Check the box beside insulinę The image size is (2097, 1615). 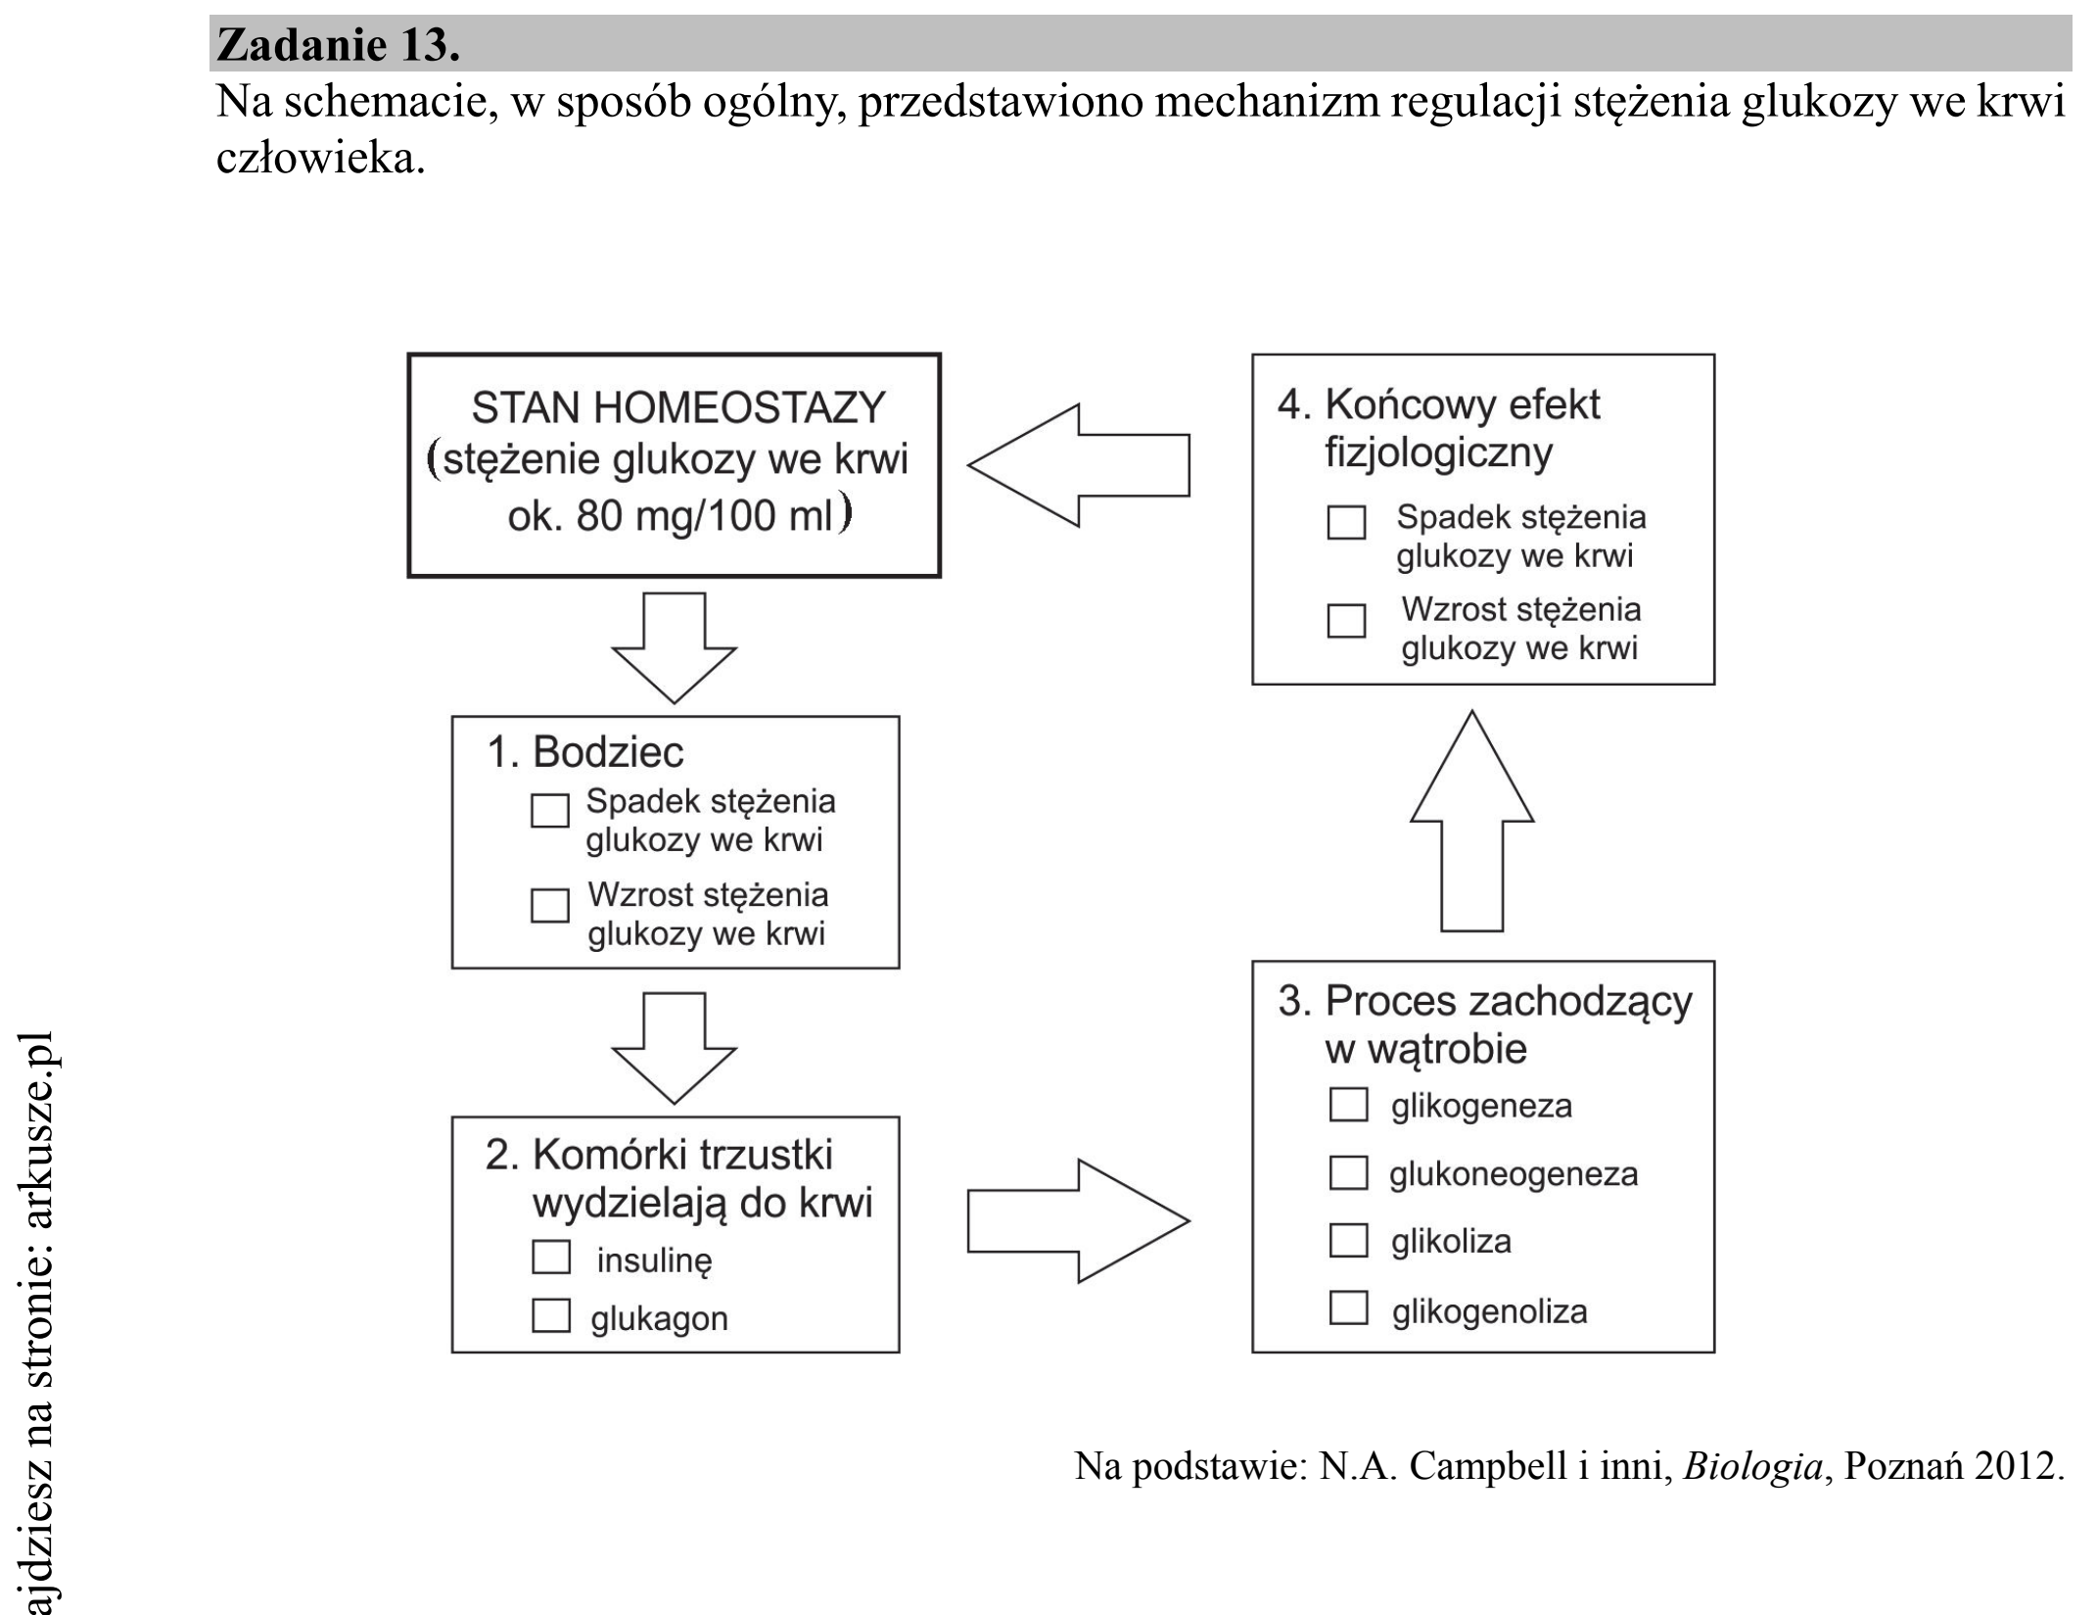click(551, 1258)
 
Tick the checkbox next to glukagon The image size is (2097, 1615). click(551, 1315)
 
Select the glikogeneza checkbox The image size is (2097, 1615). click(1348, 1104)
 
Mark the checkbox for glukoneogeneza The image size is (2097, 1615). click(1348, 1172)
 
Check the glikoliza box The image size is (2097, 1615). click(1348, 1240)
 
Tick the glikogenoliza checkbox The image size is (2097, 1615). click(1348, 1307)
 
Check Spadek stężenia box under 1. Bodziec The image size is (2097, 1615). click(549, 810)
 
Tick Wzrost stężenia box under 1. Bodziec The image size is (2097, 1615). click(549, 905)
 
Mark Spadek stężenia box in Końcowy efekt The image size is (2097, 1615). click(1346, 522)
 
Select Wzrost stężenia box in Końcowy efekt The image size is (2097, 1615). click(1346, 620)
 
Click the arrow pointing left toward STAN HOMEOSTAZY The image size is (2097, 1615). click(1079, 465)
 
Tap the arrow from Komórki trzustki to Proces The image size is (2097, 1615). click(1079, 1221)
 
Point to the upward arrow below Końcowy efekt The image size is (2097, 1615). click(1471, 821)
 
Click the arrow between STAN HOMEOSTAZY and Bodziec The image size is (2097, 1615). click(674, 647)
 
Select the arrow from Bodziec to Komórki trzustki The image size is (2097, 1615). click(674, 1048)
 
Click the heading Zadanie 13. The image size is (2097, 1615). click(338, 44)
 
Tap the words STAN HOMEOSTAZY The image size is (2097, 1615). click(677, 407)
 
